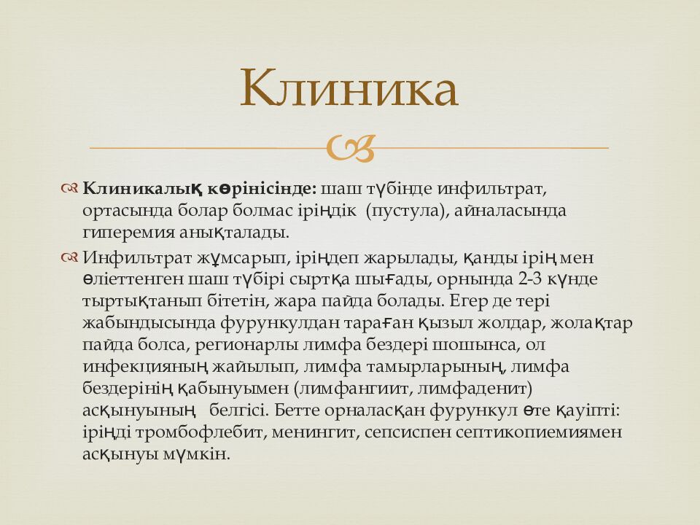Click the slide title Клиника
click(349, 88)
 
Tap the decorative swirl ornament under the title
click(350, 148)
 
